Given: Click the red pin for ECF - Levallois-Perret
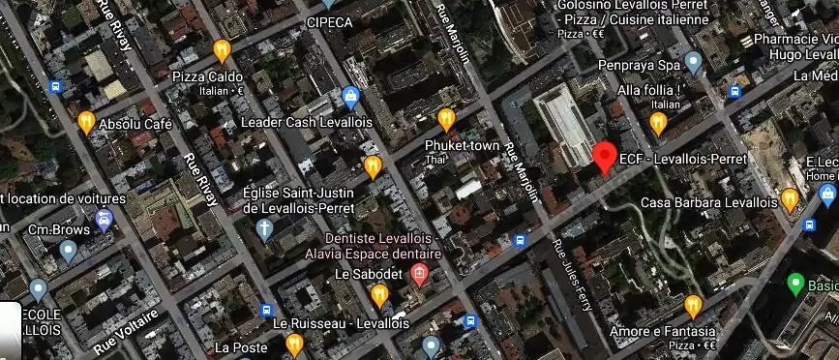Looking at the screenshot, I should [605, 155].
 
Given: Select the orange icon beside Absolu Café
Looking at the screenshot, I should [86, 122].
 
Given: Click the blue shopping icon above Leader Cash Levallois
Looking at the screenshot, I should [350, 97].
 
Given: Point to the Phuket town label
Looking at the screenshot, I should [463, 146].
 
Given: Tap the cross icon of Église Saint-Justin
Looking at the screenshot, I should [264, 228].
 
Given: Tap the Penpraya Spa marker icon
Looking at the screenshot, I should [692, 63].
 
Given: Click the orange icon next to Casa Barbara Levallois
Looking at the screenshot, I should [790, 199].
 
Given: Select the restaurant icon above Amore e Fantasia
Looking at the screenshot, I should [692, 306].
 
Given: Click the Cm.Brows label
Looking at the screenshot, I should [52, 229].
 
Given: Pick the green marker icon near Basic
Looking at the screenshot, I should [795, 284].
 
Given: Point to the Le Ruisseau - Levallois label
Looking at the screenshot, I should [341, 323].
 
